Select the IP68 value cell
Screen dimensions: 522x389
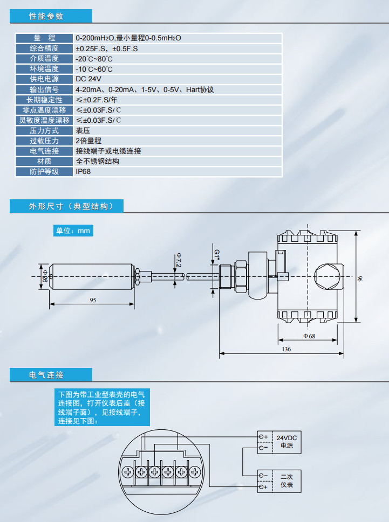coord(83,172)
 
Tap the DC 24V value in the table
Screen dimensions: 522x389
coord(88,79)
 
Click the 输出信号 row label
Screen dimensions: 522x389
coord(44,89)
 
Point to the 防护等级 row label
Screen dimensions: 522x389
coord(44,172)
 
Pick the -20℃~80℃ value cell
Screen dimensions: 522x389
coord(94,59)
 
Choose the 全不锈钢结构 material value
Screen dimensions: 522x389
coord(97,162)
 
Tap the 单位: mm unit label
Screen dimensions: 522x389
coord(73,231)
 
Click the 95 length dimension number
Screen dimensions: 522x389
coord(93,300)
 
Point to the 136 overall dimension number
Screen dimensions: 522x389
coord(286,350)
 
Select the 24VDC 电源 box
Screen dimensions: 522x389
coord(286,442)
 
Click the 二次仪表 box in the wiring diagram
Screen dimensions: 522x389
coord(286,481)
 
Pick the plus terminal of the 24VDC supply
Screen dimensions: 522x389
coord(263,436)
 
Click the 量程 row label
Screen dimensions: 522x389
coord(44,38)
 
